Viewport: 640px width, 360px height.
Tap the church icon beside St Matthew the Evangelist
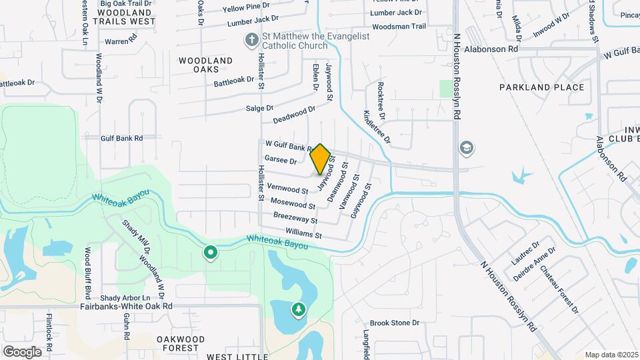252,41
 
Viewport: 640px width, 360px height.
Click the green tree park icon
298,309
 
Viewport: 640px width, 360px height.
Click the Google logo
22,351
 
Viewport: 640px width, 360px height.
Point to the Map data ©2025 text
611,355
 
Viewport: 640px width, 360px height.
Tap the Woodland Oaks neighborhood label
206,65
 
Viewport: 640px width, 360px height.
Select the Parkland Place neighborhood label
542,87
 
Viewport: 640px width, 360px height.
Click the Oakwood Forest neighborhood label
180,343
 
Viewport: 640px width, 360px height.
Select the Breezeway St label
295,219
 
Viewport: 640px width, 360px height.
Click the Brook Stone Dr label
395,323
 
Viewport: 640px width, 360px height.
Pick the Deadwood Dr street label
294,115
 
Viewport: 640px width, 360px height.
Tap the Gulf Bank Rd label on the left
122,139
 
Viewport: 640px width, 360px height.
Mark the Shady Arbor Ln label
125,297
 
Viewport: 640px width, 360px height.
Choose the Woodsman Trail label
399,27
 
